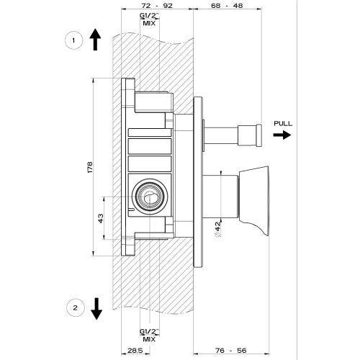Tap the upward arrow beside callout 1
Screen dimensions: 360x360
coord(96,39)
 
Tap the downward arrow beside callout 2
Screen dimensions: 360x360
coord(96,308)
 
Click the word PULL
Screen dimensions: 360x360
coord(283,124)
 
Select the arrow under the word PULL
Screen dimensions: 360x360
coord(283,135)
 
